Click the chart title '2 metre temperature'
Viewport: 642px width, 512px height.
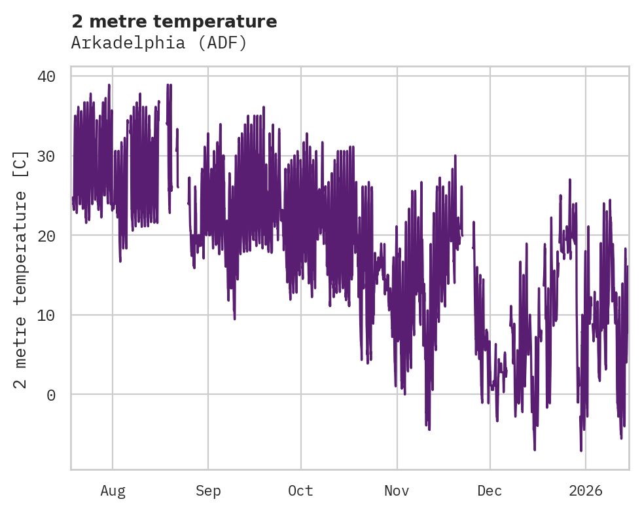pyautogui.click(x=174, y=22)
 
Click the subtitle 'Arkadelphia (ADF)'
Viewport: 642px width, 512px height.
pyautogui.click(x=159, y=43)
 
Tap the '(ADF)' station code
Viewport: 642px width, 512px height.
pyautogui.click(x=224, y=43)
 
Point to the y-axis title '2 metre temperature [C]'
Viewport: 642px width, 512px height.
pyautogui.click(x=21, y=268)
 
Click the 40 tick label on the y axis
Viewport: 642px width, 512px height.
pyautogui.click(x=46, y=77)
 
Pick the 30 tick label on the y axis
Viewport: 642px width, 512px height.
pyautogui.click(x=46, y=156)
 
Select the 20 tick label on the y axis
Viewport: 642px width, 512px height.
pyautogui.click(x=46, y=236)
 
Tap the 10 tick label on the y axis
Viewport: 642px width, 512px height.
pyautogui.click(x=46, y=315)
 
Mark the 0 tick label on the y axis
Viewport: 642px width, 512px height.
pyautogui.click(x=50, y=395)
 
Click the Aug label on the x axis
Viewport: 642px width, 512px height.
pyautogui.click(x=113, y=490)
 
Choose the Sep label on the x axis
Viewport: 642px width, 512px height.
pyautogui.click(x=208, y=490)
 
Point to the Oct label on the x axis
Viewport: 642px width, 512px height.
pyautogui.click(x=301, y=490)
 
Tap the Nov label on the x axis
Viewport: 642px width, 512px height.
pyautogui.click(x=397, y=490)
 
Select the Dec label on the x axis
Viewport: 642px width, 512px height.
pyautogui.click(x=490, y=490)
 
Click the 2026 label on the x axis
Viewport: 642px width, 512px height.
pyautogui.click(x=586, y=490)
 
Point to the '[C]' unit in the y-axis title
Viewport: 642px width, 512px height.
pyautogui.click(x=21, y=163)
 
